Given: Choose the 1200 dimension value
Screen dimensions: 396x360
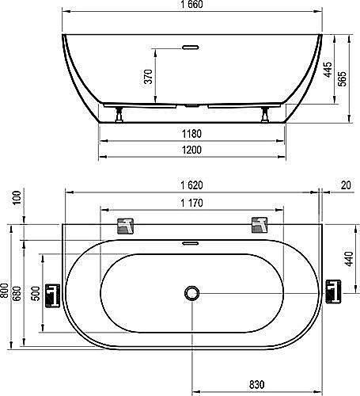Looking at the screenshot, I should point(190,149).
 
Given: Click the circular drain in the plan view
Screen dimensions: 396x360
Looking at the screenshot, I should point(190,294).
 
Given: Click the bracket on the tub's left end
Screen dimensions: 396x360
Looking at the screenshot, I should point(51,295).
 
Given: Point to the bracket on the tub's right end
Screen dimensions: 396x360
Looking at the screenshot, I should point(332,291).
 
